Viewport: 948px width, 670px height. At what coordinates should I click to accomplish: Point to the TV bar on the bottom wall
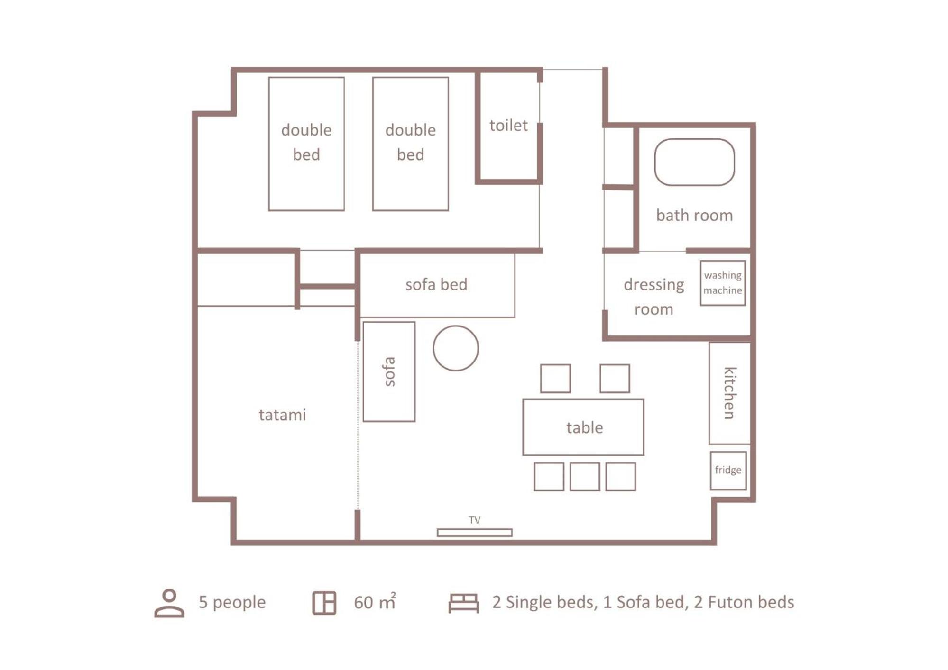[474, 533]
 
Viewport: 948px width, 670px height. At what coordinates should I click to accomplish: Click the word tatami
[282, 415]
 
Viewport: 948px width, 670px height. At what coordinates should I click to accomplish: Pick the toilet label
[508, 125]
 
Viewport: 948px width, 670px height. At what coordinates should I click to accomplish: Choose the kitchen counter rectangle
[710, 393]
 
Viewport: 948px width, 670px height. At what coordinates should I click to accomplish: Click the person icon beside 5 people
[169, 603]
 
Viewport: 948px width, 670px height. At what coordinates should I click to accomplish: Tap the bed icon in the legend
[463, 603]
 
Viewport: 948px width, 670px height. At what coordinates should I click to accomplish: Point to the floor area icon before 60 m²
[324, 603]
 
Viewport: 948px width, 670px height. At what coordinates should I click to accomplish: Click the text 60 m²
[375, 602]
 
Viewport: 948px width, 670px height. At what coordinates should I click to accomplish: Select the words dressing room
[654, 297]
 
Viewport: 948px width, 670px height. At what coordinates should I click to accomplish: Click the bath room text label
[694, 215]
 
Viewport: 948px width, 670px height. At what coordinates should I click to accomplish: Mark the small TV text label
[475, 520]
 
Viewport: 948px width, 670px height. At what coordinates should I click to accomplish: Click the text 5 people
[232, 602]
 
